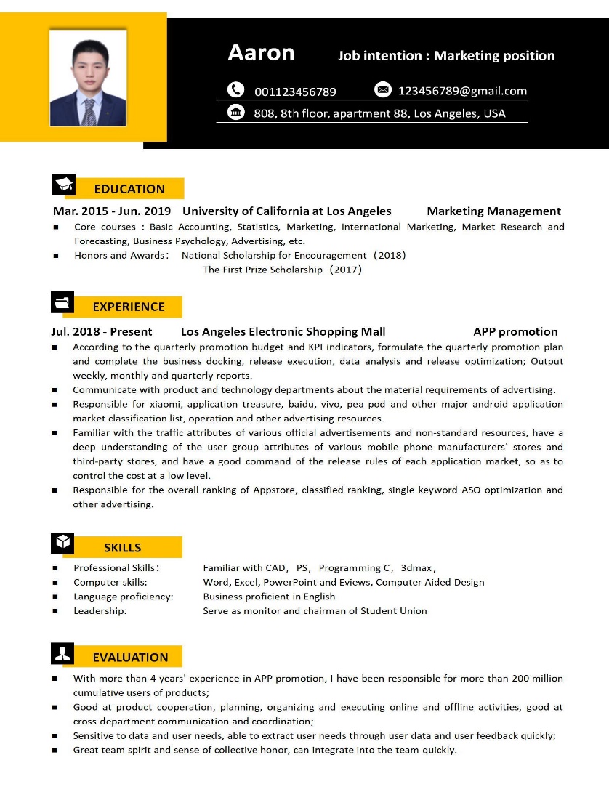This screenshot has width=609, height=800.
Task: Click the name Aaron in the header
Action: coord(261,53)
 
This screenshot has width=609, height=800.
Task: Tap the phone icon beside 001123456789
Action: coord(235,90)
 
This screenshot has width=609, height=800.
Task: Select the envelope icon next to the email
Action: coord(383,89)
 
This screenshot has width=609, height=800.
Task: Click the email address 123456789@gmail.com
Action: coord(462,91)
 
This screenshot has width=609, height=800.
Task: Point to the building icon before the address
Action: coord(236,112)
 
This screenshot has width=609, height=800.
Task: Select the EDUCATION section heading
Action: coord(129,189)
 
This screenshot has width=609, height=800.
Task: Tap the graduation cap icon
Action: coord(64,185)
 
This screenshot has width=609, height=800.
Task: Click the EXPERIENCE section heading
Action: coord(129,307)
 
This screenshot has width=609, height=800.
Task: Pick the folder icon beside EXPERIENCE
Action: coord(62,302)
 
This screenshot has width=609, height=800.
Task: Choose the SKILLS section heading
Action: coord(122,548)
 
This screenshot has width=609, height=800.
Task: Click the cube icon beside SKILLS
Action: coord(62,542)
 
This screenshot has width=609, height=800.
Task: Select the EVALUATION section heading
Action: coord(130,658)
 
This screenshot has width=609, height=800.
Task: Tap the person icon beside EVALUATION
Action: coord(62,653)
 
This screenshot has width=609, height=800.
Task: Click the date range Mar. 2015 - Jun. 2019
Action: coord(112,211)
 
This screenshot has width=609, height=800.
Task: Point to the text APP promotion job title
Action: coord(515,332)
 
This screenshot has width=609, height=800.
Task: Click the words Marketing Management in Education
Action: coord(493,211)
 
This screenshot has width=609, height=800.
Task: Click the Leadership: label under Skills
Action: coord(100,611)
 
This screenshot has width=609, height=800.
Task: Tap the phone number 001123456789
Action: coord(295,92)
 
